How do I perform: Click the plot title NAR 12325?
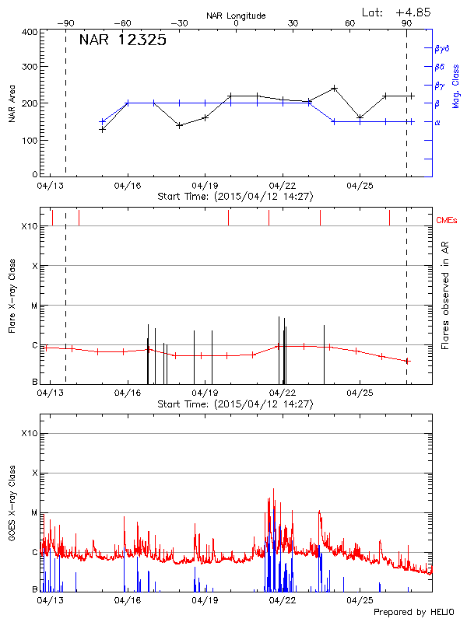(122, 41)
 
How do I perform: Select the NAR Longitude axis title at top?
(236, 15)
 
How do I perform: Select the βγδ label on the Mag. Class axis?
(443, 48)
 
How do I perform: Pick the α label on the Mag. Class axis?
(437, 122)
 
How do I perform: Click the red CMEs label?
(446, 221)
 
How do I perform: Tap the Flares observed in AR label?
(445, 295)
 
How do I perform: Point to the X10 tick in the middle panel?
(29, 226)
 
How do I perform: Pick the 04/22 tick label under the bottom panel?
(282, 600)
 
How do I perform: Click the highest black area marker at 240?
(334, 88)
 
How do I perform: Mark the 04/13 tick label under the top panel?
(51, 186)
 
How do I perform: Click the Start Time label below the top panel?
(235, 197)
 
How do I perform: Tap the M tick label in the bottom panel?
(33, 513)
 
